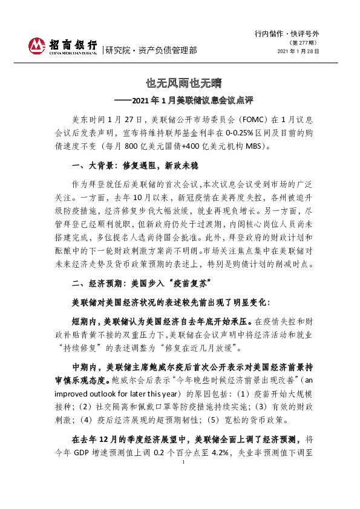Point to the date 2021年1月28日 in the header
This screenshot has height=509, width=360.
[x=298, y=51]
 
